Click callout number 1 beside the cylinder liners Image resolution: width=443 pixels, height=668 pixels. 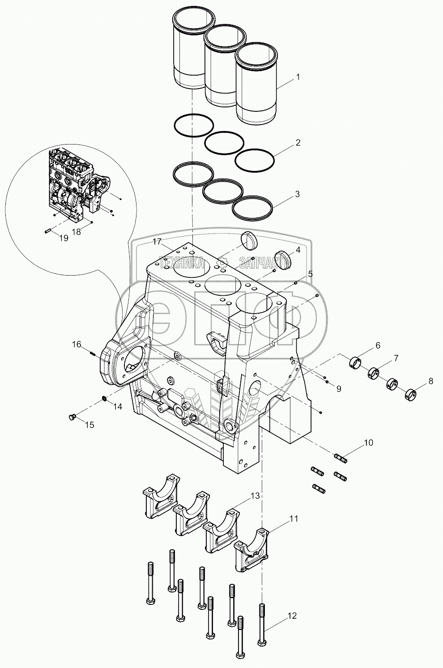point(298,77)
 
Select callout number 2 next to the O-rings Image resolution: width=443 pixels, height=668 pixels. point(298,143)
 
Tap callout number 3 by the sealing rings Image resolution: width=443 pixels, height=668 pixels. point(297,194)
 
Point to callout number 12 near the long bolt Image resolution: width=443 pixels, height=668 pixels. point(292,616)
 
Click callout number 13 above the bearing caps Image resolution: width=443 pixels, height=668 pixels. point(255,496)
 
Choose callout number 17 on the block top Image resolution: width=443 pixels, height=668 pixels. point(156,242)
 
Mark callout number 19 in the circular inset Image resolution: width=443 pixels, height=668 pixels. point(64,238)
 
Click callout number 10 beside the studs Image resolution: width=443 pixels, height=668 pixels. point(368,443)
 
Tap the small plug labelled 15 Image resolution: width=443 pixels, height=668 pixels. point(71,417)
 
